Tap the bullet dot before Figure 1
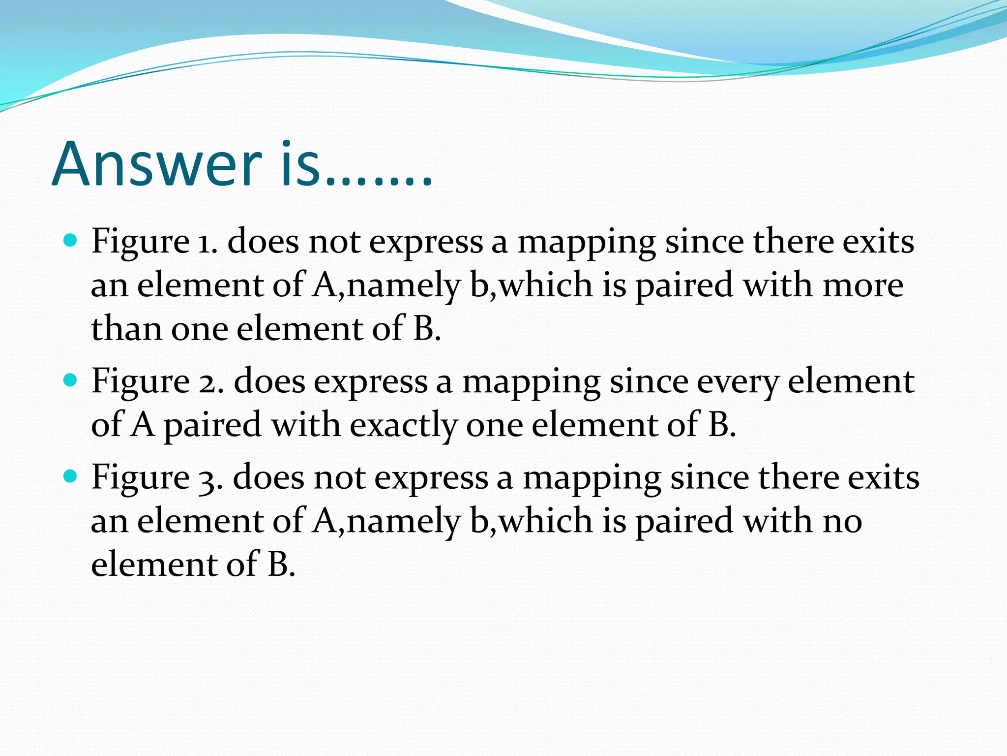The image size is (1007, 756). point(71,241)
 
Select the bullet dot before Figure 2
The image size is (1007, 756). point(71,380)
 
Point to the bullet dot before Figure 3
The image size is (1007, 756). point(71,476)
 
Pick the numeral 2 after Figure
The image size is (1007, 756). point(209,382)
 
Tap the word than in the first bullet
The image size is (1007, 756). point(126,328)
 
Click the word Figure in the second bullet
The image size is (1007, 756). point(140,382)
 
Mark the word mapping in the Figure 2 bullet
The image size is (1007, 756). point(531,382)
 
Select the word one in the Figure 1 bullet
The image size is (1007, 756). point(199,329)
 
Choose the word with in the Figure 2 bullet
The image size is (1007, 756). point(305,424)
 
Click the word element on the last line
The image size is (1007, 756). point(154,564)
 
